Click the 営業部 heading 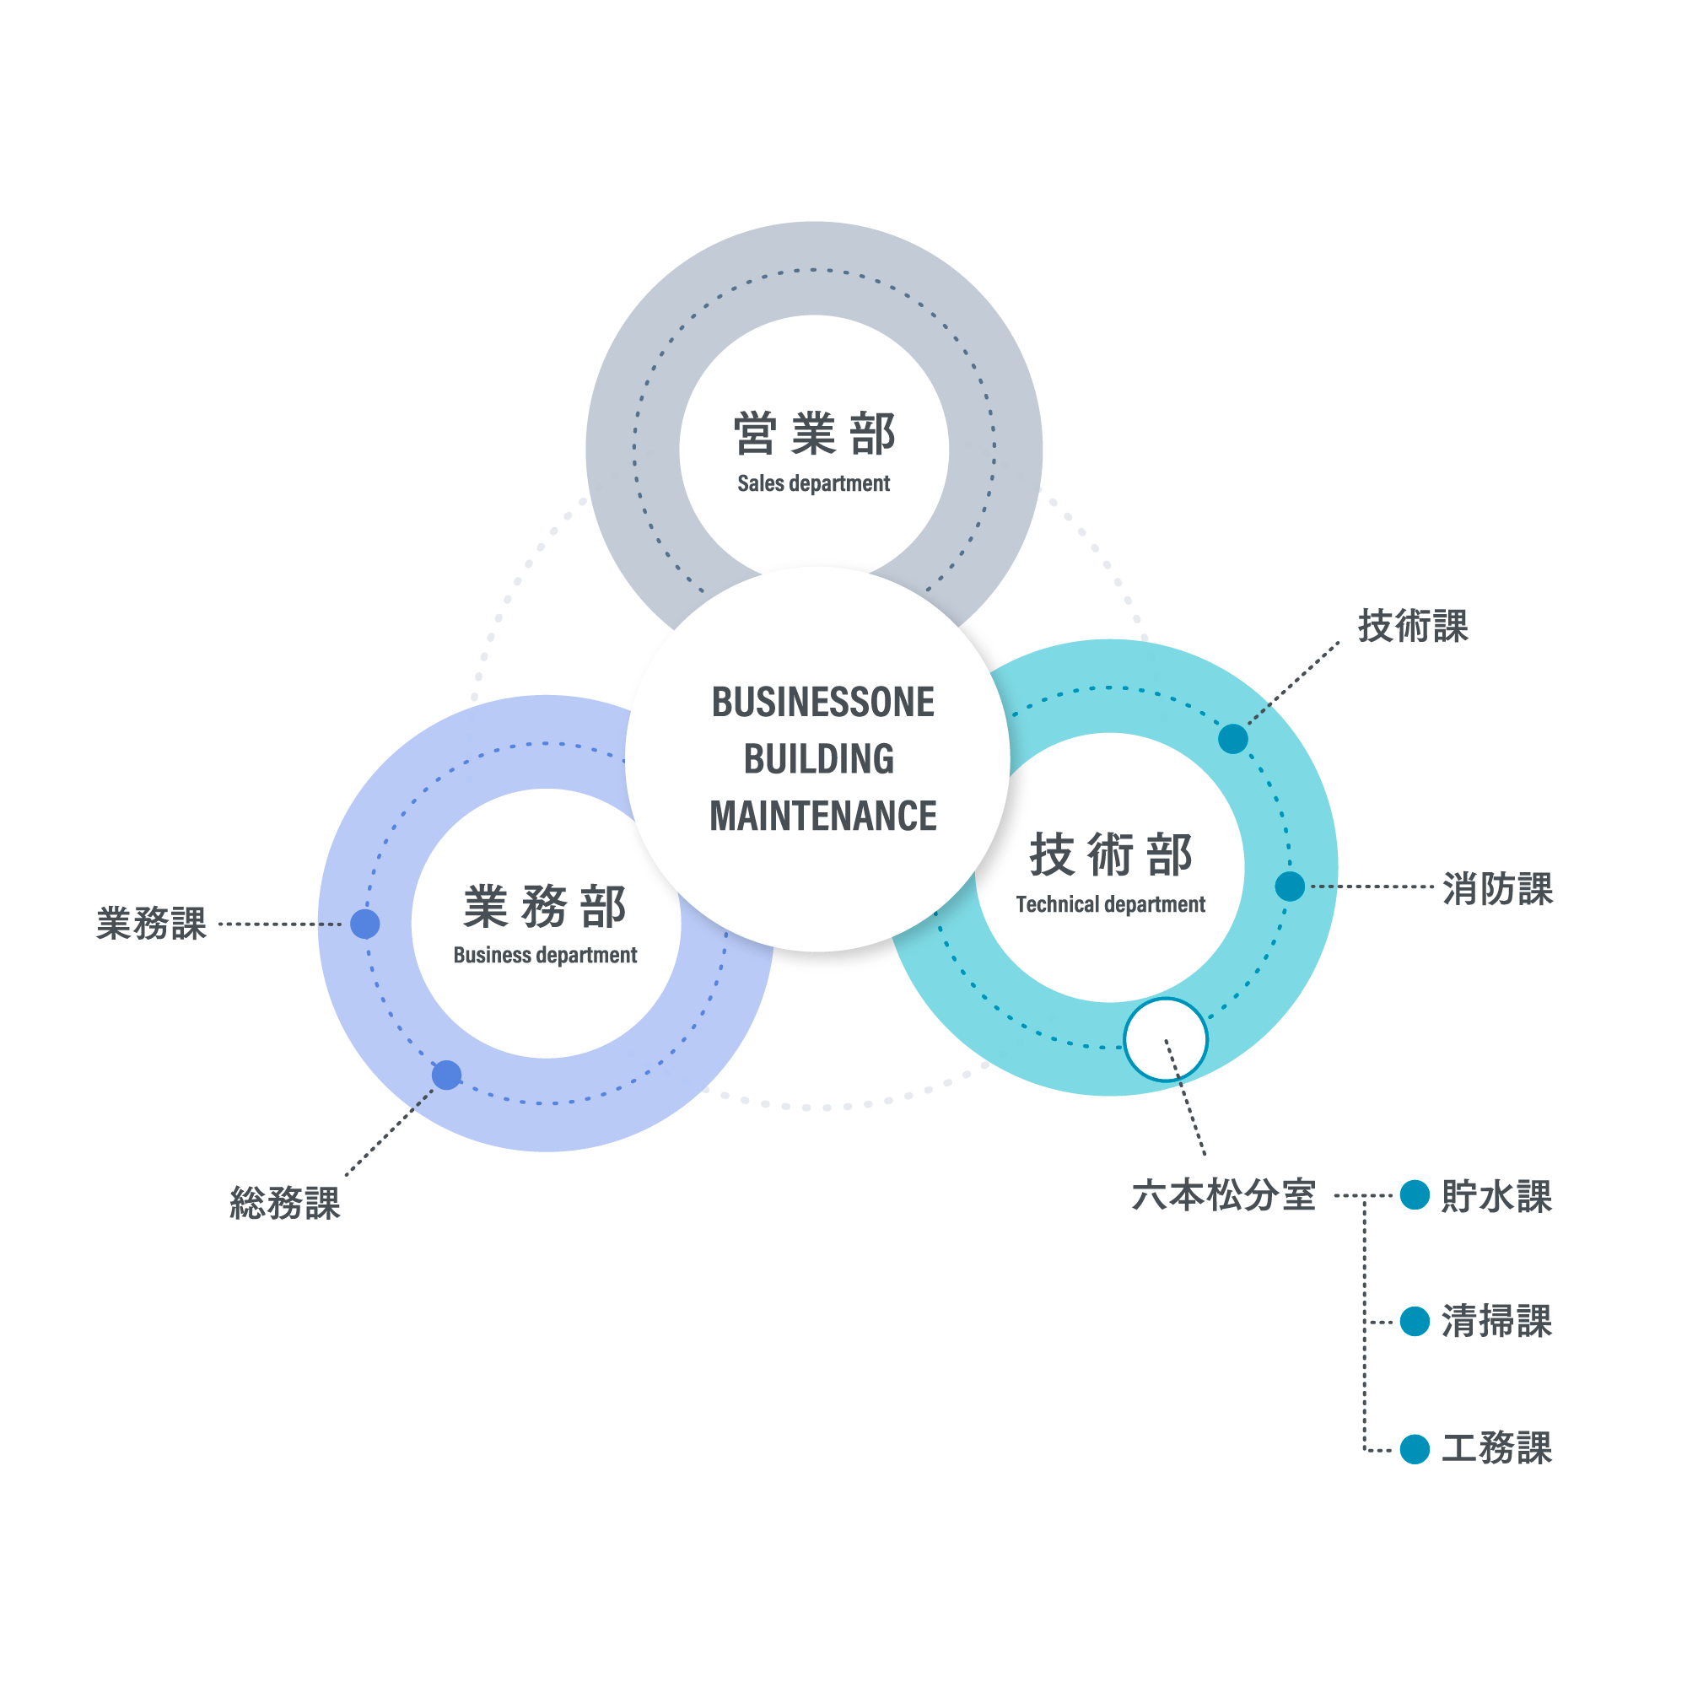pyautogui.click(x=814, y=435)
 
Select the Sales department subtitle pyautogui.click(x=814, y=483)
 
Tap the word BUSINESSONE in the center pyautogui.click(x=822, y=703)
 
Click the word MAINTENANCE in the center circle pyautogui.click(x=822, y=817)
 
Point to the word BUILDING pyautogui.click(x=819, y=760)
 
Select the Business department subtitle pyautogui.click(x=545, y=956)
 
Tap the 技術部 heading pyautogui.click(x=1111, y=854)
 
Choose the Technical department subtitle pyautogui.click(x=1111, y=904)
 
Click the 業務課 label pyautogui.click(x=152, y=924)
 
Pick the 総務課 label pyautogui.click(x=284, y=1204)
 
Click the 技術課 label pyautogui.click(x=1413, y=626)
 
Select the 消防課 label pyautogui.click(x=1497, y=889)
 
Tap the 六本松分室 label pyautogui.click(x=1223, y=1194)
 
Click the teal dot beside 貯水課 pyautogui.click(x=1415, y=1194)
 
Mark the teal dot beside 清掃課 pyautogui.click(x=1415, y=1321)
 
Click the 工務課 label pyautogui.click(x=1496, y=1448)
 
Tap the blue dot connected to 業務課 pyautogui.click(x=365, y=924)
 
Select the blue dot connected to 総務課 pyautogui.click(x=447, y=1075)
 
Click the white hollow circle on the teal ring pyautogui.click(x=1166, y=1040)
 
